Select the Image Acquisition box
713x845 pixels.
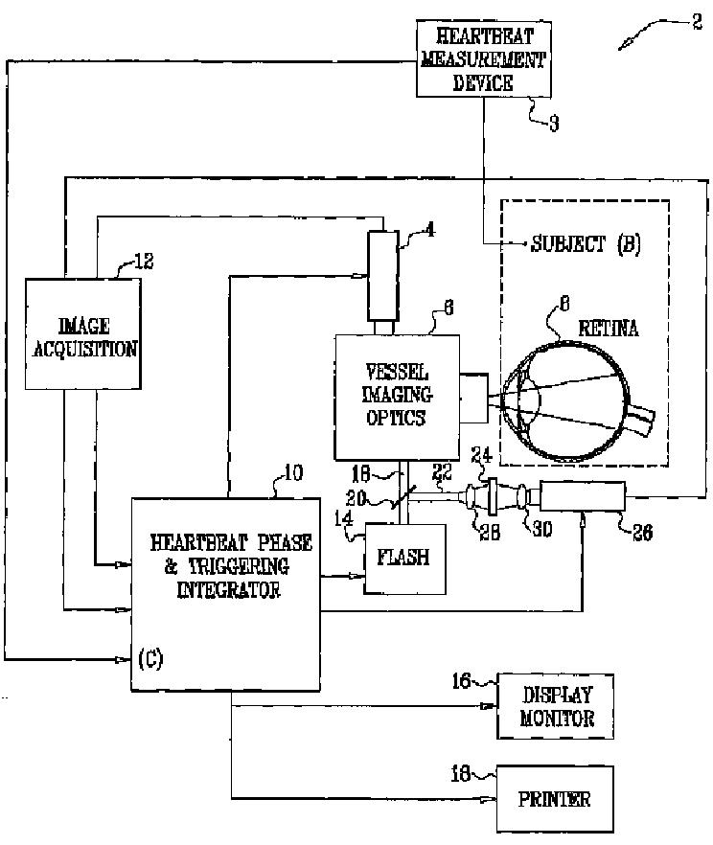(83, 333)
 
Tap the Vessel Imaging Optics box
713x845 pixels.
(396, 395)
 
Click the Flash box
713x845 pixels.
(403, 558)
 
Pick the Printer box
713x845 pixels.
(556, 798)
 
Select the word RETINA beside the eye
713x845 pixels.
(608, 329)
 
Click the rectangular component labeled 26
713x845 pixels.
(583, 497)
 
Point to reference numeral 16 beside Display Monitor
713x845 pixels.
(462, 681)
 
